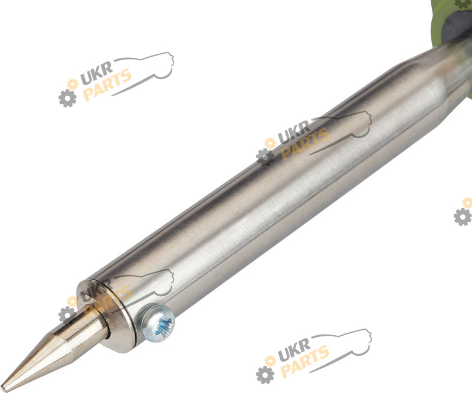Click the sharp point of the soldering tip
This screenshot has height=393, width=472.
pyautogui.click(x=2, y=388)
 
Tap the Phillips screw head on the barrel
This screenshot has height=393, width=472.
pyautogui.click(x=158, y=323)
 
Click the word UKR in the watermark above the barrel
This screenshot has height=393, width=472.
pyautogui.click(x=97, y=73)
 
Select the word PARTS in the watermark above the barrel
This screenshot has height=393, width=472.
pyautogui.click(x=107, y=84)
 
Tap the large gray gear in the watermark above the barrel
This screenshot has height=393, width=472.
pyautogui.click(x=67, y=98)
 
